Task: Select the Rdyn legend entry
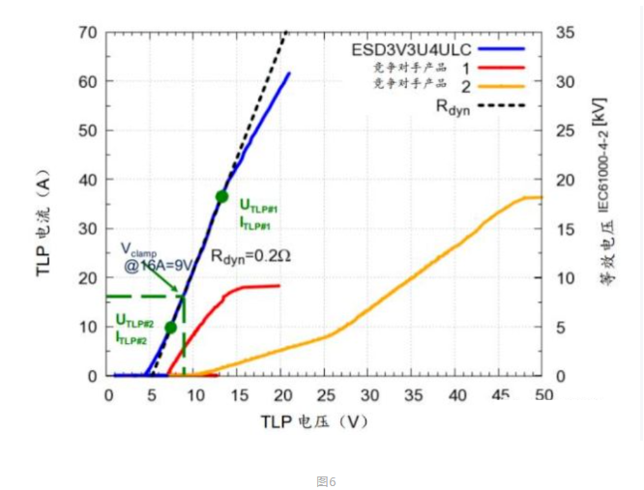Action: (453, 105)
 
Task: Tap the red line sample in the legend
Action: (503, 68)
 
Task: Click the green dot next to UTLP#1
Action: (221, 196)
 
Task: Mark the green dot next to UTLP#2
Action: (170, 328)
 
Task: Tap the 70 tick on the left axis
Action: (87, 32)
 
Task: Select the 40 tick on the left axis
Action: (87, 180)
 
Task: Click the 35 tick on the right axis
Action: (566, 32)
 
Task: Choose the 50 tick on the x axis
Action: (543, 394)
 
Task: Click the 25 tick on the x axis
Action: (326, 394)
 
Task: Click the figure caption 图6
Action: (326, 480)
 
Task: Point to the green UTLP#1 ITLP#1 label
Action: (258, 215)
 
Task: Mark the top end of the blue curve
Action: (289, 73)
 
